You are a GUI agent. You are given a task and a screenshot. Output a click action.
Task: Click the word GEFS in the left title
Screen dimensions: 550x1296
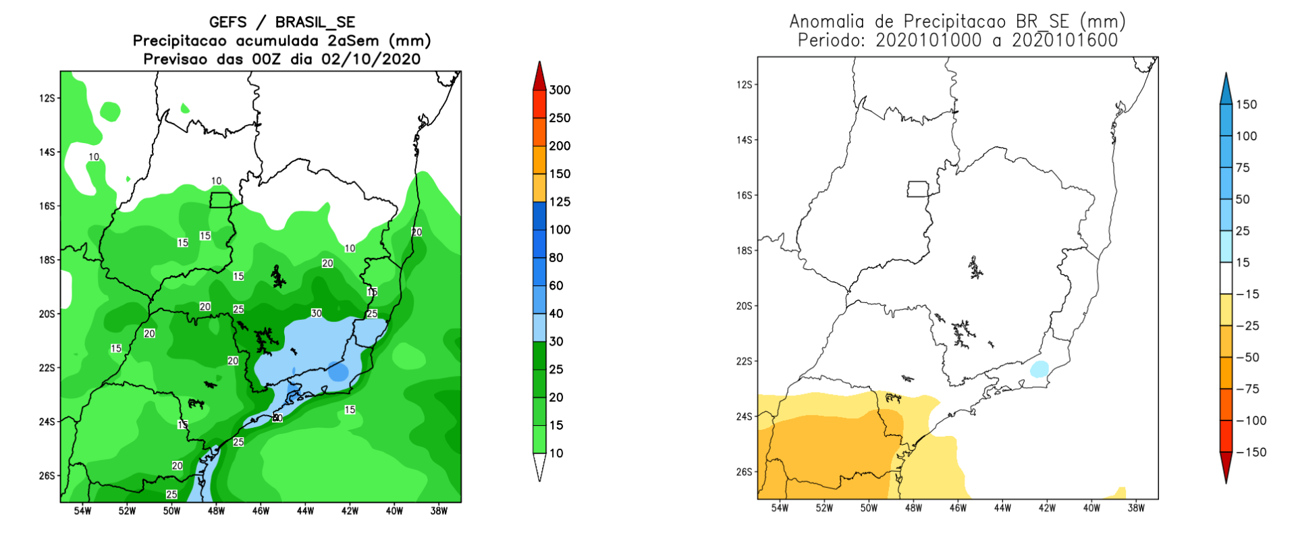coord(228,22)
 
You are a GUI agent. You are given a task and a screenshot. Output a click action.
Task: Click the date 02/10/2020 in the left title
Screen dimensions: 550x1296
coord(371,59)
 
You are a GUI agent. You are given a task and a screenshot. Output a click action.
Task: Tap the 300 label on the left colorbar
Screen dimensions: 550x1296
coord(560,90)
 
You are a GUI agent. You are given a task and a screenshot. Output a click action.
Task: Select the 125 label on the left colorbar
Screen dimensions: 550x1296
coord(560,202)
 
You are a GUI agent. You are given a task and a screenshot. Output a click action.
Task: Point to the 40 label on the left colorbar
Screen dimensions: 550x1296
coord(556,314)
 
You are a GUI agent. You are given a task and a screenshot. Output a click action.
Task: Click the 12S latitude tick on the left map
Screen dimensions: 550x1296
coord(47,99)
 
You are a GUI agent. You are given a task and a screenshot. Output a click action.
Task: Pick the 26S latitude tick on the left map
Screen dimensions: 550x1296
coord(47,476)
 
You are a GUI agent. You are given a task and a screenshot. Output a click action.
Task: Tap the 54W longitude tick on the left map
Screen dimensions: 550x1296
coord(82,512)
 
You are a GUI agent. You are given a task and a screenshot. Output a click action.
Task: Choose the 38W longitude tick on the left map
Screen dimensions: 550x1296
coord(439,512)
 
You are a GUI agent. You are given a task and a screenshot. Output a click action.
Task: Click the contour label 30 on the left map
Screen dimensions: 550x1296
coord(316,313)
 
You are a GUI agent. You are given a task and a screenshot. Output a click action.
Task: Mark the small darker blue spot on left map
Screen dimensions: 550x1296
coord(338,372)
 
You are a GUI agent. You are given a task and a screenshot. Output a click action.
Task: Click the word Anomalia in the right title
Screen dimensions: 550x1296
coord(827,22)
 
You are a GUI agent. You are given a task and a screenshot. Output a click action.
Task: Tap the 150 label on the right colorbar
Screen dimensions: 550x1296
coord(1246,105)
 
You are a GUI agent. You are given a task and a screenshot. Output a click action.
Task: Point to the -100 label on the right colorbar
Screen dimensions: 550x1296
coord(1251,421)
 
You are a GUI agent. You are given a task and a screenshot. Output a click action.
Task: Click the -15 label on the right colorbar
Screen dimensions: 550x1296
coord(1247,294)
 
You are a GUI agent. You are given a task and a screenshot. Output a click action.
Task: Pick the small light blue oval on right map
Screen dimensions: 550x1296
coord(1039,369)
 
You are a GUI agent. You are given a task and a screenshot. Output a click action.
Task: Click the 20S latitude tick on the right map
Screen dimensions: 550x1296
coord(744,306)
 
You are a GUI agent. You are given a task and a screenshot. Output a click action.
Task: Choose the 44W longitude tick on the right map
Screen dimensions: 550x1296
coord(1002,508)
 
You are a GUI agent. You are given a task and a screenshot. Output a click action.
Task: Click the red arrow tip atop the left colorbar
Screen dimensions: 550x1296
coord(539,66)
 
